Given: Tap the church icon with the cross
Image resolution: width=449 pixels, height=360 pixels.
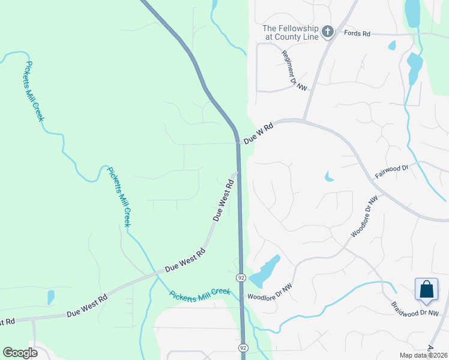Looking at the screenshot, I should (328, 31).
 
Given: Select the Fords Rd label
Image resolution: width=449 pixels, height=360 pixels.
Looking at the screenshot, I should (357, 34).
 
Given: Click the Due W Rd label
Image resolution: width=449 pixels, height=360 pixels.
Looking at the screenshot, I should (258, 133).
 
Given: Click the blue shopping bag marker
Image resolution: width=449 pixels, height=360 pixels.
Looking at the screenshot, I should (426, 289).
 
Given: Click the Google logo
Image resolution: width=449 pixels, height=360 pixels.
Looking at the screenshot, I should (20, 353).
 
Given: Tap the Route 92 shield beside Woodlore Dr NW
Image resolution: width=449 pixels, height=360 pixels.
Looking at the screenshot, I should (241, 278).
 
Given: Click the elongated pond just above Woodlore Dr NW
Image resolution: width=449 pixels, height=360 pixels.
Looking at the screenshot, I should (264, 272).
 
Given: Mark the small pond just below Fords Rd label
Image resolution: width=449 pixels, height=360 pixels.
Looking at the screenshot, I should (392, 45).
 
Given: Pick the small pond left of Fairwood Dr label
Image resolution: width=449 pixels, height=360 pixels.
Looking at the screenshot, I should (328, 176).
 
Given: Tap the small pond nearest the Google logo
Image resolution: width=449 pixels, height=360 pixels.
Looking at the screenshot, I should (51, 297).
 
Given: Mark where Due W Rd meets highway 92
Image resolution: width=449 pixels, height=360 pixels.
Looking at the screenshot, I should (238, 142).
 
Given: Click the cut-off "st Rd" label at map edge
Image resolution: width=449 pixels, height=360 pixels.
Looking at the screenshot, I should (7, 322).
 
